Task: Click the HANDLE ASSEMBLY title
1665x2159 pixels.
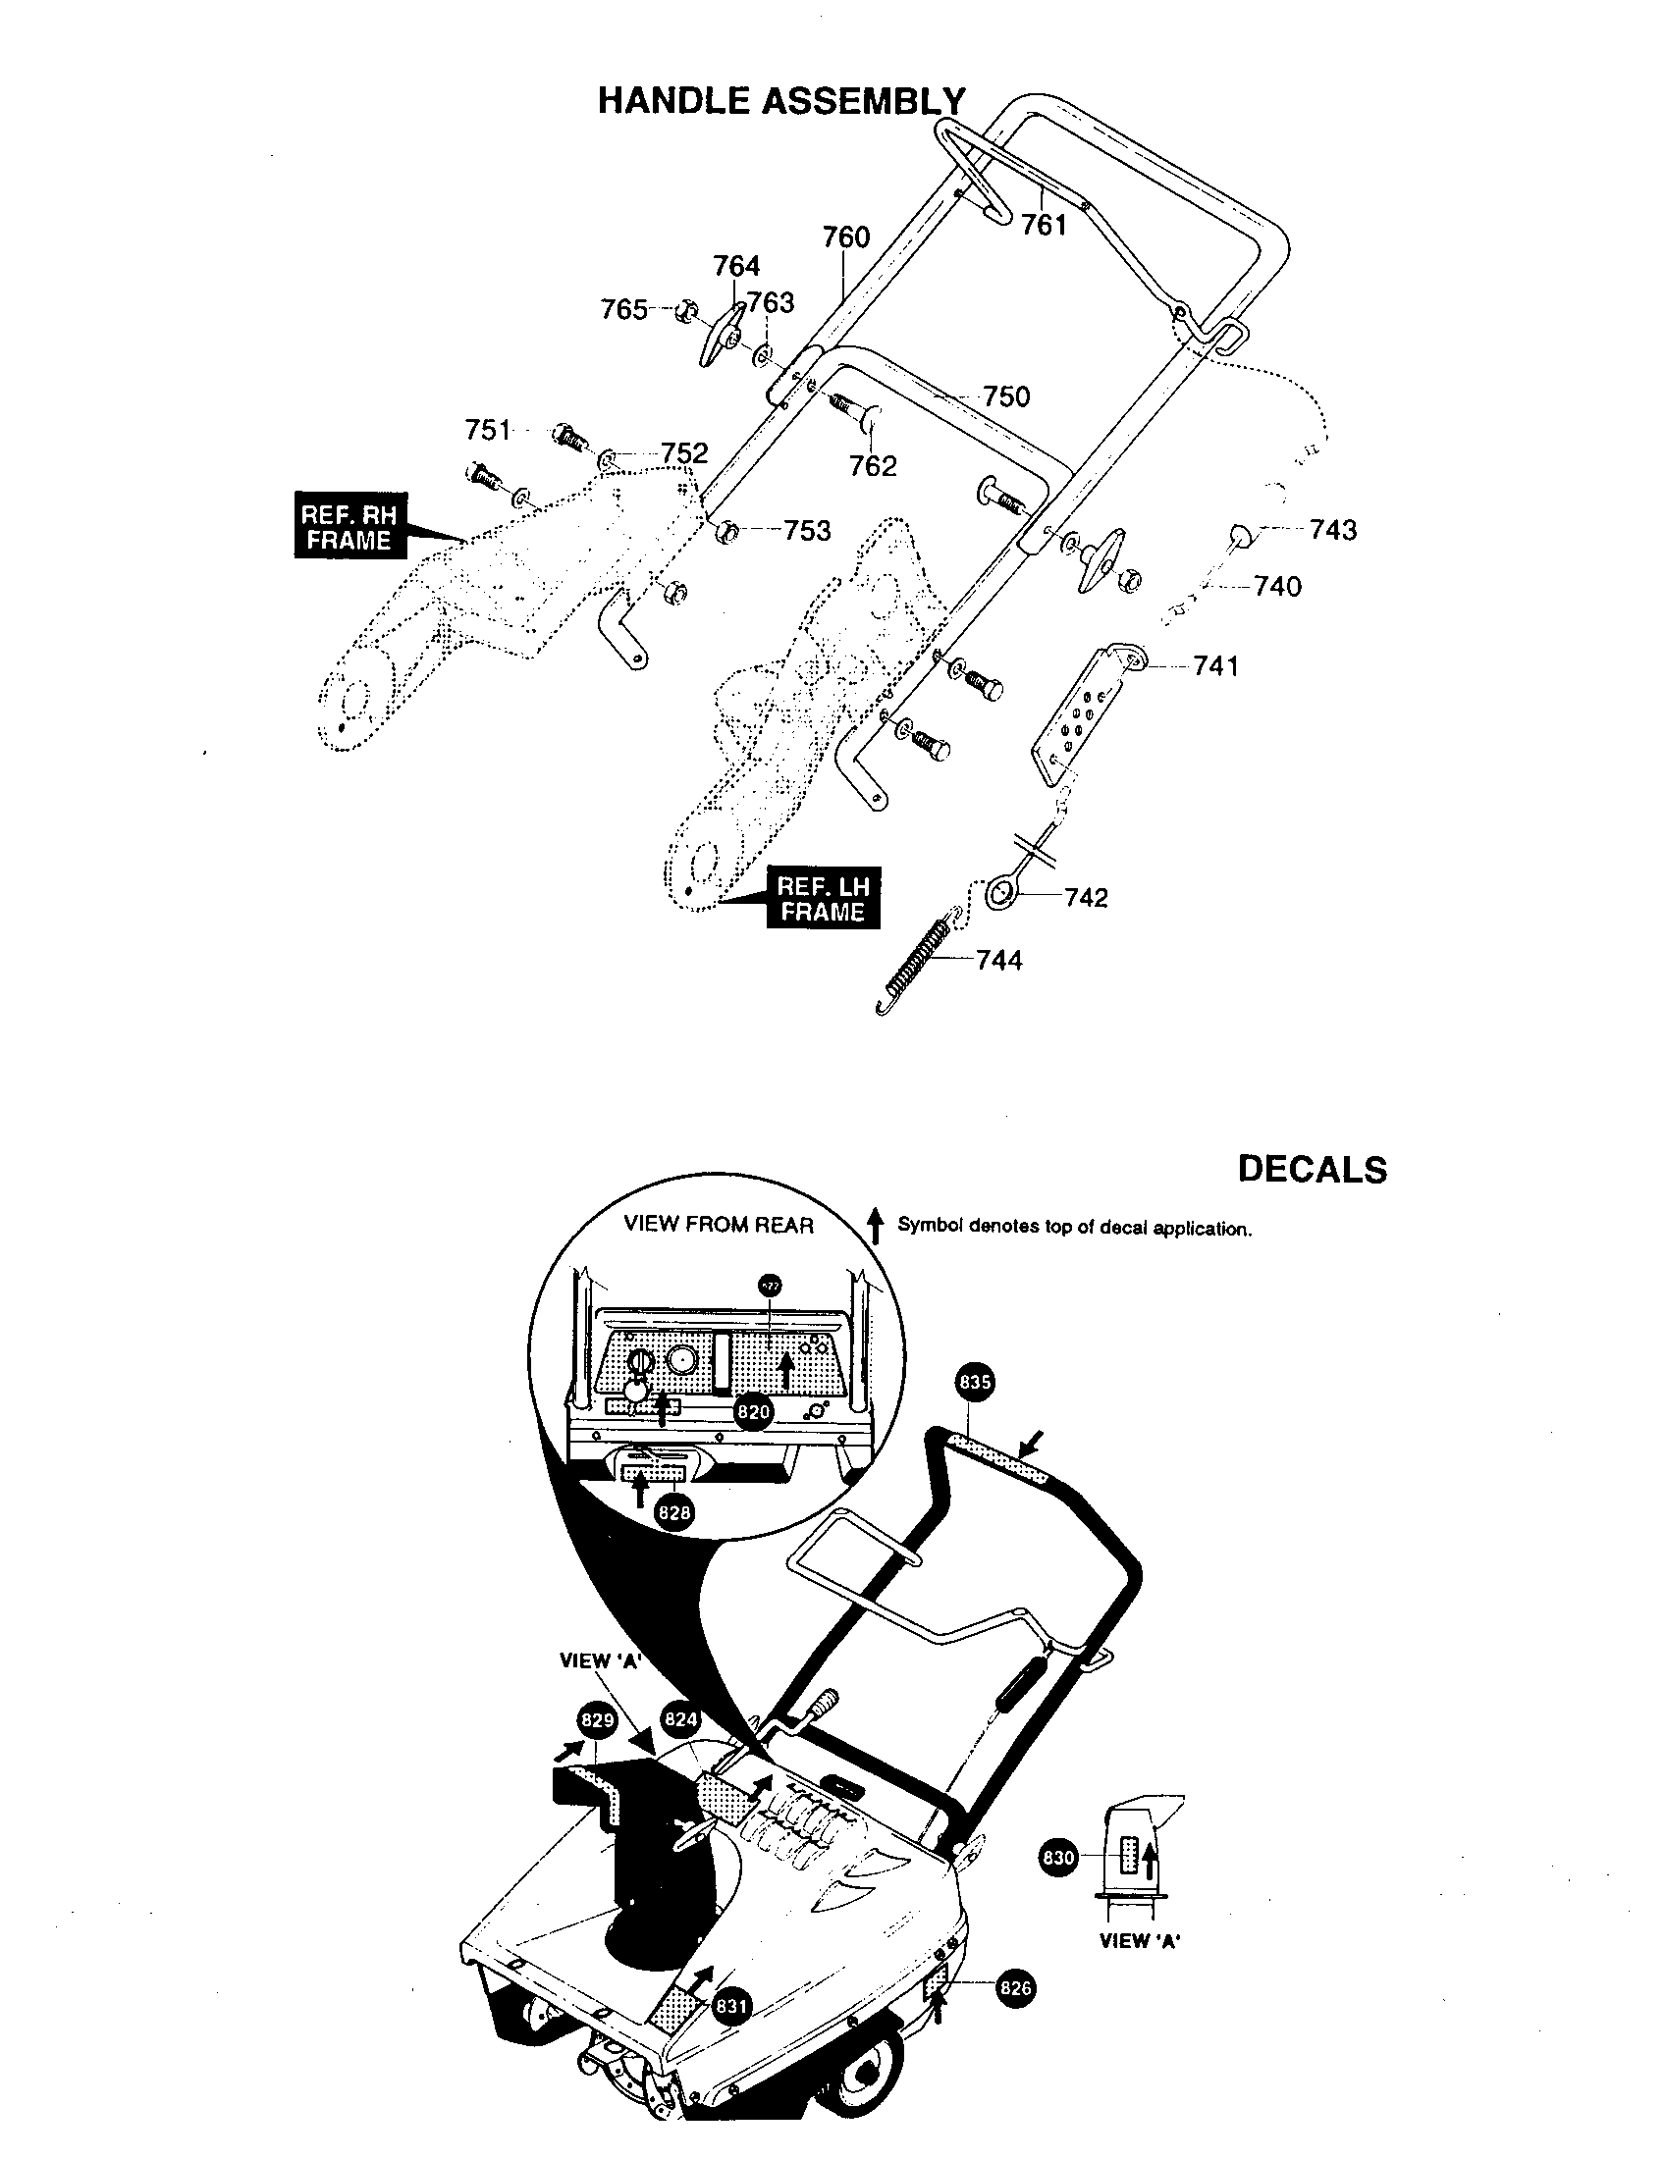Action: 781,101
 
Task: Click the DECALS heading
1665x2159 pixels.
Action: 1312,1170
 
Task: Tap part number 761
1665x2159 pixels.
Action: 1045,226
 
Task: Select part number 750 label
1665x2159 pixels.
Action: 1006,396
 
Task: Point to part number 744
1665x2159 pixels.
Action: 998,960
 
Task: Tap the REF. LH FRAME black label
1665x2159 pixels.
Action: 823,900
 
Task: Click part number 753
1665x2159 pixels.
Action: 807,531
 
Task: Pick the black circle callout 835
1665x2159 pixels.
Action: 975,1383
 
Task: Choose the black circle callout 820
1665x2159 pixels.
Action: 753,1412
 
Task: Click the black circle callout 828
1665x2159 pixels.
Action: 673,1513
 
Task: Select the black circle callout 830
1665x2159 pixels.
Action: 1058,1858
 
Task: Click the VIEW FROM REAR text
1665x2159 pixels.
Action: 718,1225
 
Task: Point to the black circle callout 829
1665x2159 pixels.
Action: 598,1721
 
